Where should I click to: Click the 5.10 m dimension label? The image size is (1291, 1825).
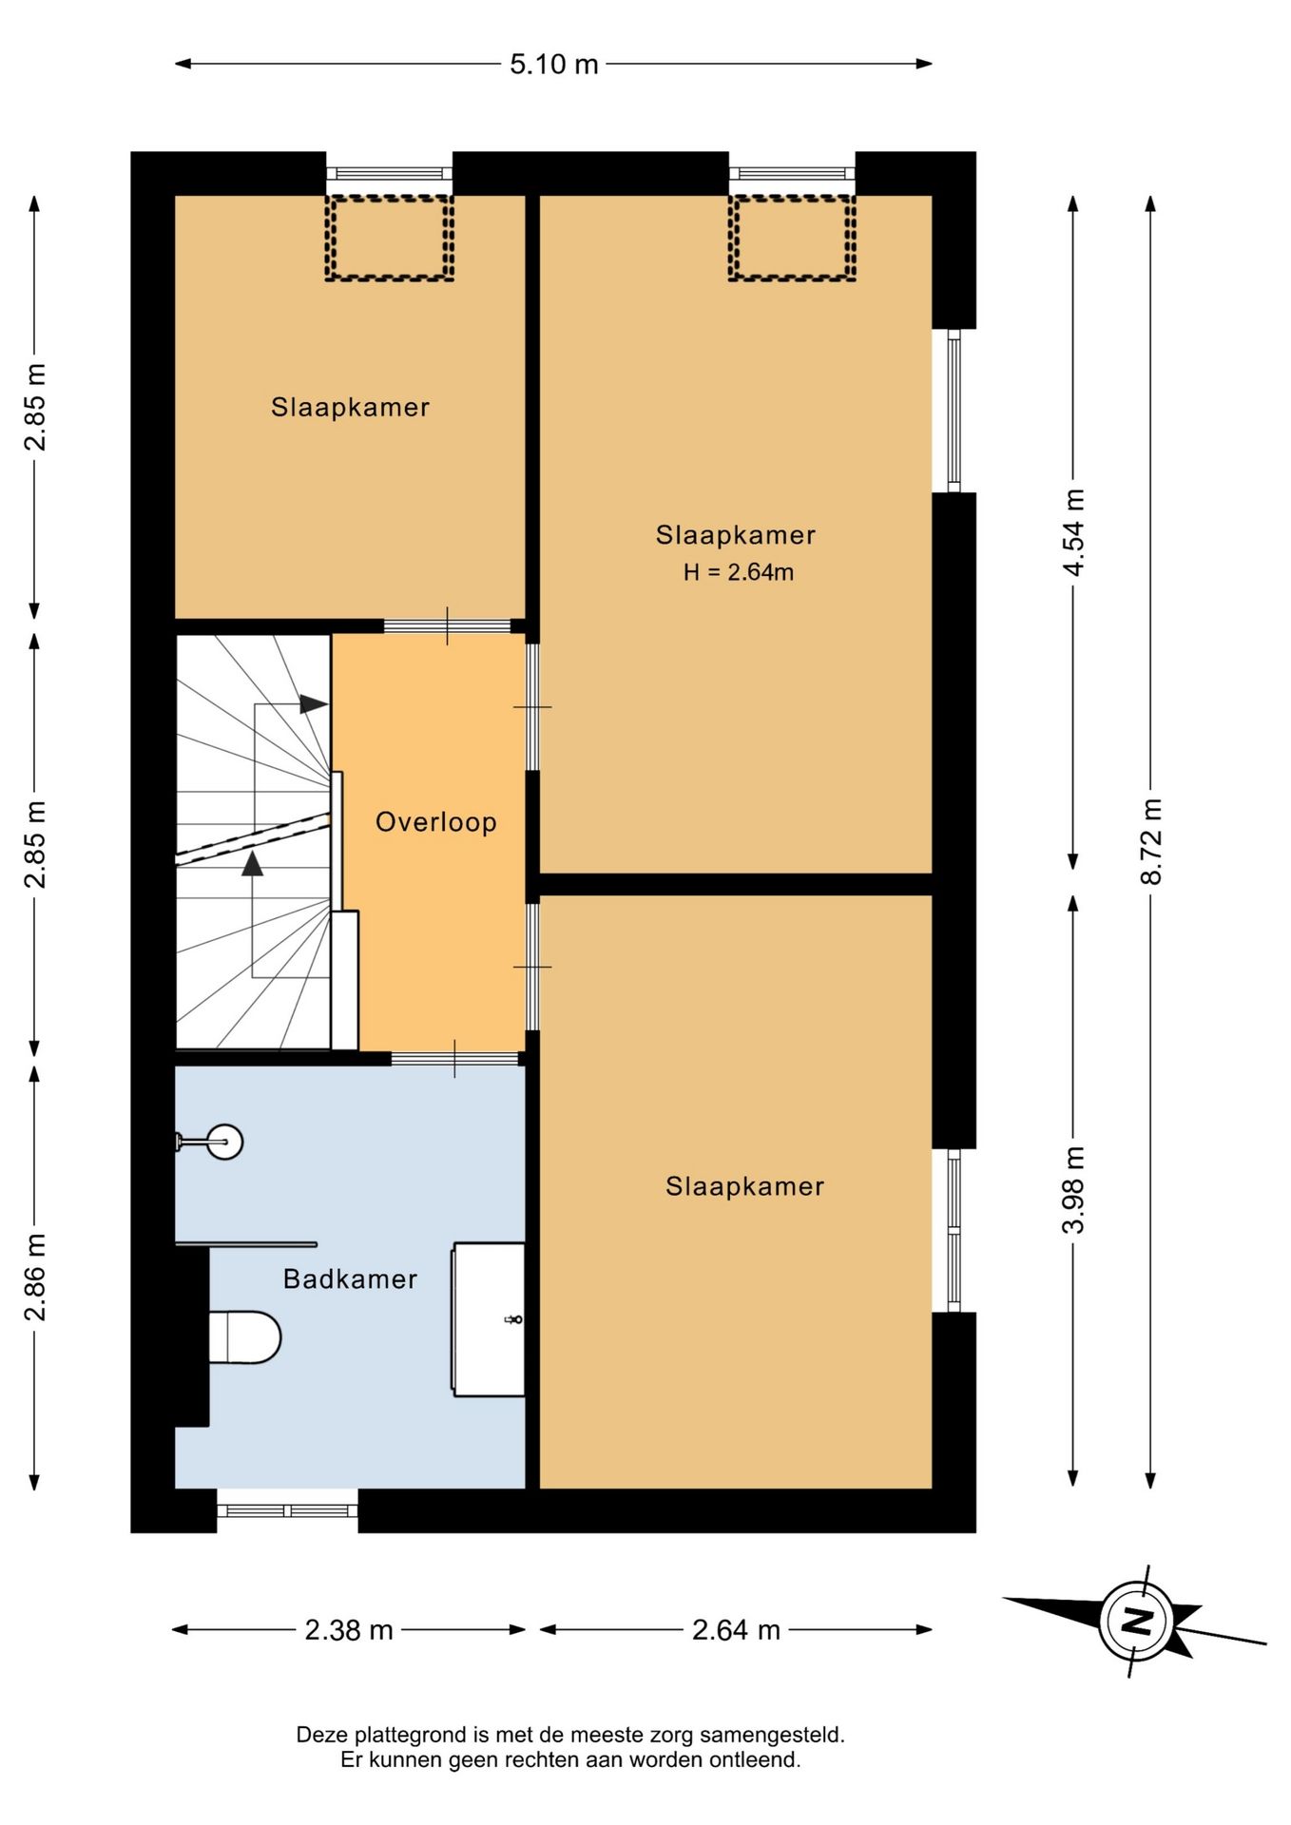[553, 64]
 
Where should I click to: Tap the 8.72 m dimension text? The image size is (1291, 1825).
[1151, 841]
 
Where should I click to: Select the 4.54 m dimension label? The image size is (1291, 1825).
[1073, 532]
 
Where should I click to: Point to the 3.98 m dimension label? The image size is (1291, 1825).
[1073, 1190]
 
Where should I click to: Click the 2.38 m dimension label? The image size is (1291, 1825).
[349, 1630]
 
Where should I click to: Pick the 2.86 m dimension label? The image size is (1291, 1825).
[35, 1277]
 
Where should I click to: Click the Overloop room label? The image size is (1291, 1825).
[436, 822]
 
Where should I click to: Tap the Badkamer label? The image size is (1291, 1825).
[351, 1279]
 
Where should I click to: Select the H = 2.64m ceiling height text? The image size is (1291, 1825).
[739, 572]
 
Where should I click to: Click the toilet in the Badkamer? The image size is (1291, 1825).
[244, 1337]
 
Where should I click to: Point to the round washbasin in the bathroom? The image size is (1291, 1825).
[224, 1142]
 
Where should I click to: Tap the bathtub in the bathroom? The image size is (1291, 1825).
[489, 1319]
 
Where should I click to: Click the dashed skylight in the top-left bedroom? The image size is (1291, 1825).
[389, 238]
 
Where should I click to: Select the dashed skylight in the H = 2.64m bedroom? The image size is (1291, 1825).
[792, 238]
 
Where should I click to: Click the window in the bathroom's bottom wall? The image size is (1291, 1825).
[288, 1510]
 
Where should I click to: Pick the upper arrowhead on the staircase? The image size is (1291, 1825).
[314, 704]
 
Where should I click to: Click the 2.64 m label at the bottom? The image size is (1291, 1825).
[736, 1630]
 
